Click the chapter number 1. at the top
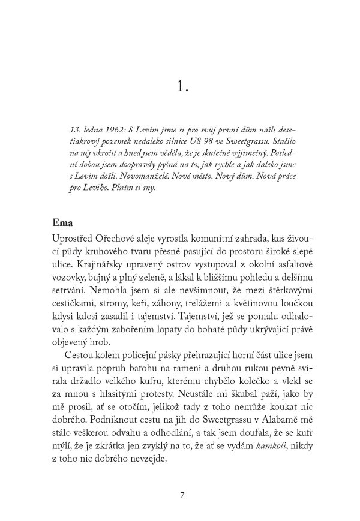[x=183, y=87]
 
